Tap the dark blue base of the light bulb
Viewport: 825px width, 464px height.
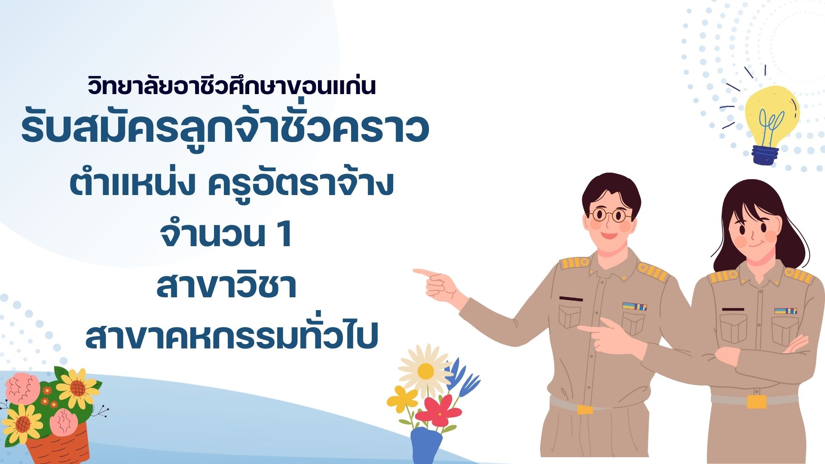point(765,155)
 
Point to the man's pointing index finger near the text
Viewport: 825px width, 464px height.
point(424,272)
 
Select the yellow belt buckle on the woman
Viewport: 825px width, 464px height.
point(756,402)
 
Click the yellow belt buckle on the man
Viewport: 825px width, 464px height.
point(585,409)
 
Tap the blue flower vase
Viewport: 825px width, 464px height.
point(426,445)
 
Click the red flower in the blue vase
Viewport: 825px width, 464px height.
point(438,410)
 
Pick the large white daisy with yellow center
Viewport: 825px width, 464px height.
point(425,371)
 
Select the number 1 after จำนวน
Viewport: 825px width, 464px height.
point(284,235)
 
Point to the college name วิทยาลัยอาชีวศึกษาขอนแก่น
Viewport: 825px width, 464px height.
point(232,85)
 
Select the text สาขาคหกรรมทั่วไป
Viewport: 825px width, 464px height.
point(232,336)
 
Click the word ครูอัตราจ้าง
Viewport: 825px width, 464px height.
point(301,185)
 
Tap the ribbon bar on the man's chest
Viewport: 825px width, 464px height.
point(635,306)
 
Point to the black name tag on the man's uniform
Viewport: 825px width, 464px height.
point(571,299)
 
